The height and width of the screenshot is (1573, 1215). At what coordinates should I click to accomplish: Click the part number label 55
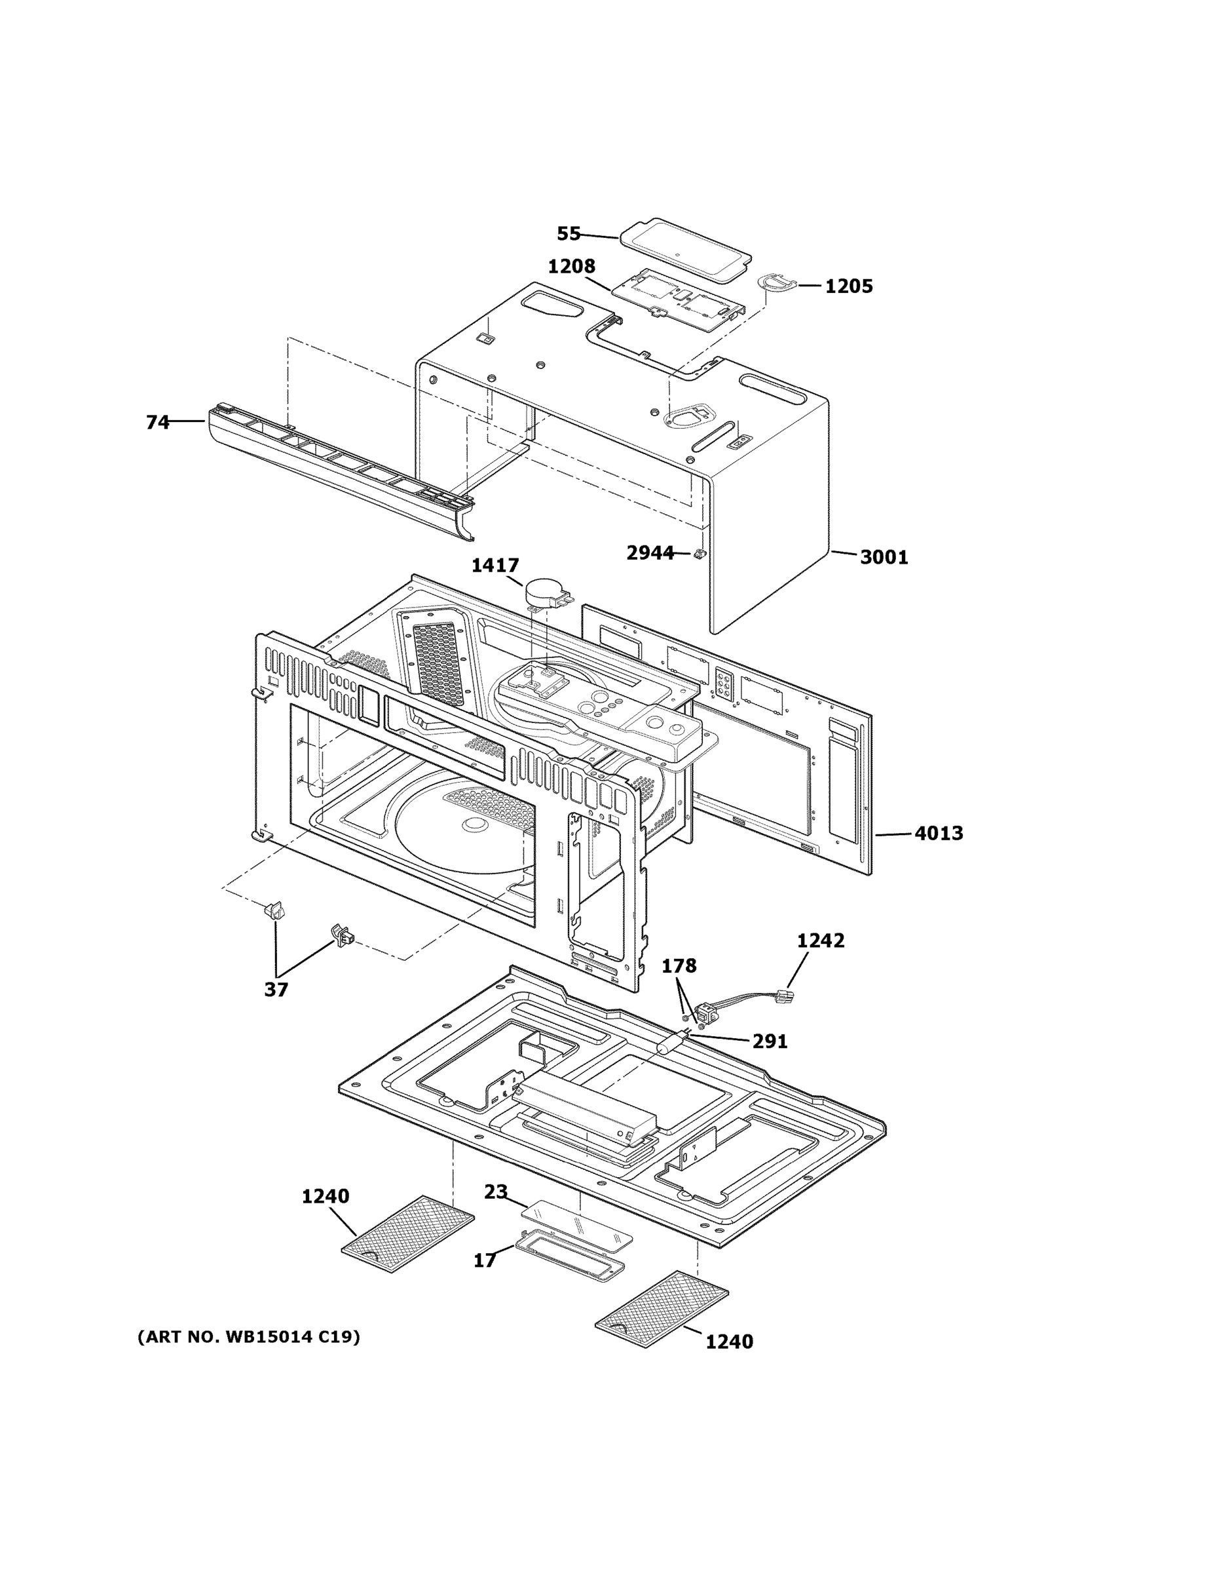point(568,233)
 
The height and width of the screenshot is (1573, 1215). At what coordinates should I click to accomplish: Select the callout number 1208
point(572,267)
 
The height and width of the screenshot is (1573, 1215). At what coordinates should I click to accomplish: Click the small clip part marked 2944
point(698,554)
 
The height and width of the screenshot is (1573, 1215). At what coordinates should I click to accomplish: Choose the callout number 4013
point(938,833)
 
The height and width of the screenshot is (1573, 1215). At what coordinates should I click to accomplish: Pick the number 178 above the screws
point(679,966)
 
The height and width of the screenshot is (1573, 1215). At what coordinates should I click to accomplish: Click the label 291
point(770,1041)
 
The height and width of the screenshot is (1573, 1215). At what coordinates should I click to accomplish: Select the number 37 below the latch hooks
point(276,990)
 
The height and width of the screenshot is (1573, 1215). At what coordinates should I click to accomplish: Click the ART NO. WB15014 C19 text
point(248,1338)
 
